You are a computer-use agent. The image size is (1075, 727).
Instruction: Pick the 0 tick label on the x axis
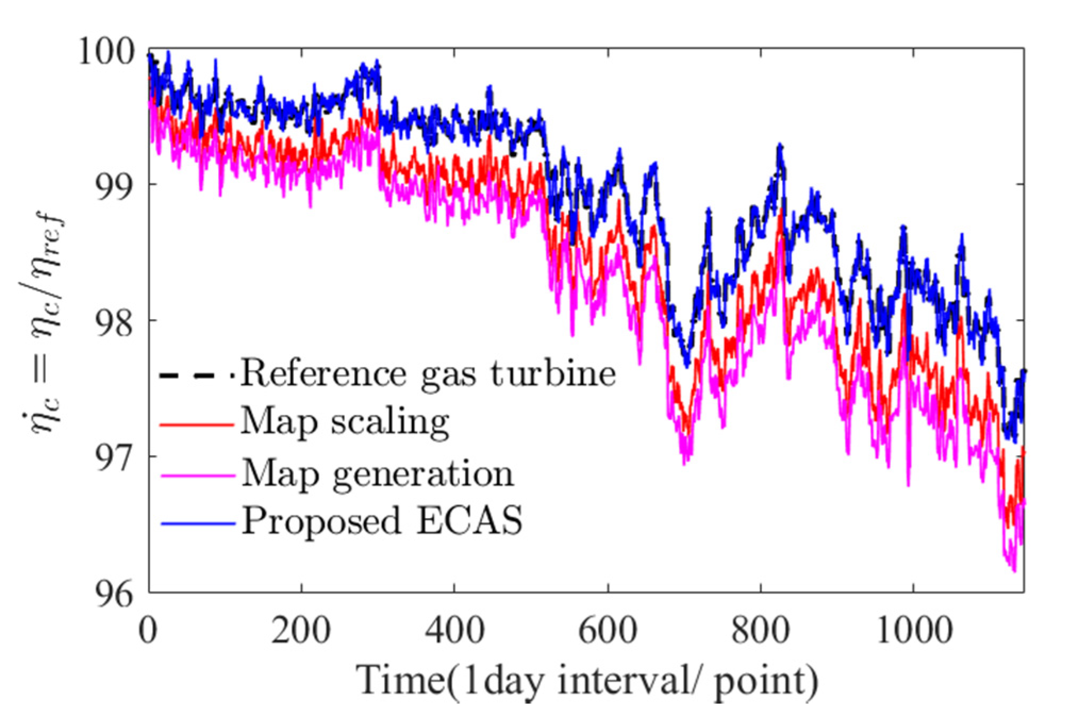point(148,631)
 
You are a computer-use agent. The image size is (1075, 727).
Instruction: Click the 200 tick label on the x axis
point(301,631)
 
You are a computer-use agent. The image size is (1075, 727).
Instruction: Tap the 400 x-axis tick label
point(454,631)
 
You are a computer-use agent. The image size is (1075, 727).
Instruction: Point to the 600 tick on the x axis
point(607,631)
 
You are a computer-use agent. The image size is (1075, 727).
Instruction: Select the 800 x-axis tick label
point(760,631)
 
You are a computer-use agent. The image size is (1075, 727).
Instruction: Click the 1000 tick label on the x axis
point(913,631)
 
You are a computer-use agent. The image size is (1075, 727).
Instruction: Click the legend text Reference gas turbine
point(428,374)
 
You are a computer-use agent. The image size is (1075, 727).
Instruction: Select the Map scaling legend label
point(345,423)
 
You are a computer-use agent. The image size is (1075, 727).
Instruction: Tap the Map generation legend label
point(378,473)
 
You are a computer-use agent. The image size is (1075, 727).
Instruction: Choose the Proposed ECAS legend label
point(382,521)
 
